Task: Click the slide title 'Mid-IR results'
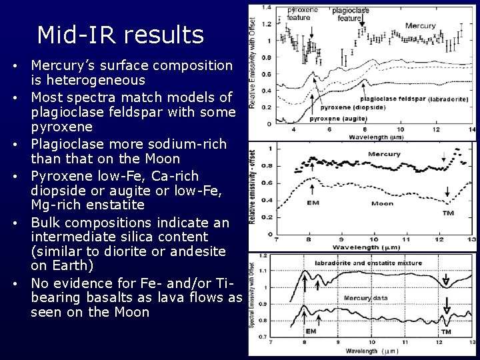point(121,35)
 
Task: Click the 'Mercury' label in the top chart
point(421,26)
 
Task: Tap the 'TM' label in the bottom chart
point(446,331)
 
